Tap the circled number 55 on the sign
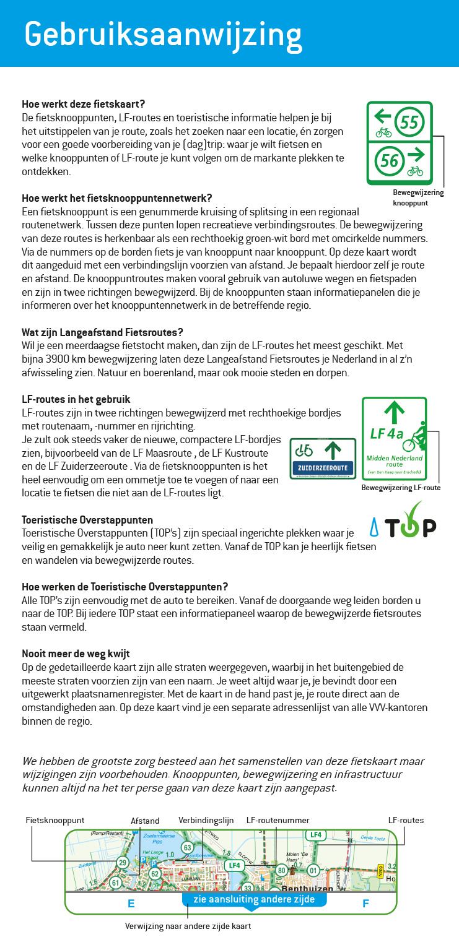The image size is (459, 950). point(409,122)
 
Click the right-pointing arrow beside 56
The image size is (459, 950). point(415,153)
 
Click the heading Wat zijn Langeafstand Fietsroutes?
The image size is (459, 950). point(102,332)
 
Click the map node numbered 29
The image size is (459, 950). point(122,862)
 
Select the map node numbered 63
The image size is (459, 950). point(187,847)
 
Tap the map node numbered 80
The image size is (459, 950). point(281,871)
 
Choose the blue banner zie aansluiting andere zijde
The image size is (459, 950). point(254,900)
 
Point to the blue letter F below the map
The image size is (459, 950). point(365,904)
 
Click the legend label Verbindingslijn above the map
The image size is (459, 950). point(206,821)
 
